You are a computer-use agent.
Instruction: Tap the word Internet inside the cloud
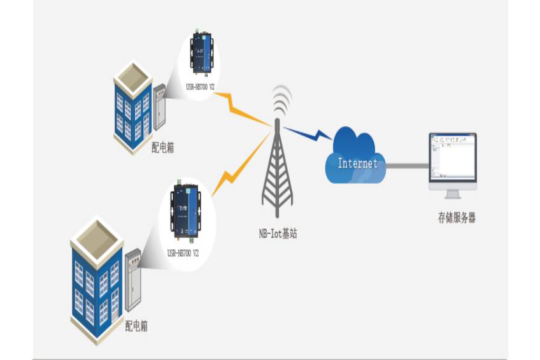pos(357,163)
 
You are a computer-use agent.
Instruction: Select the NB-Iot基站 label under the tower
pos(274,233)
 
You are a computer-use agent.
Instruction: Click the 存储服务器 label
pos(456,218)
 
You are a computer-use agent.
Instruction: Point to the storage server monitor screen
pos(452,155)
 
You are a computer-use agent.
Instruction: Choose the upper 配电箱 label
pos(163,148)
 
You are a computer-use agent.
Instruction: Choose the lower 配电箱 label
pos(136,326)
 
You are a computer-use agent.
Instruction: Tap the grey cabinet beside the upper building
pos(159,112)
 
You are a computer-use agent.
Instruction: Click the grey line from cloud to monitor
pos(408,166)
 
